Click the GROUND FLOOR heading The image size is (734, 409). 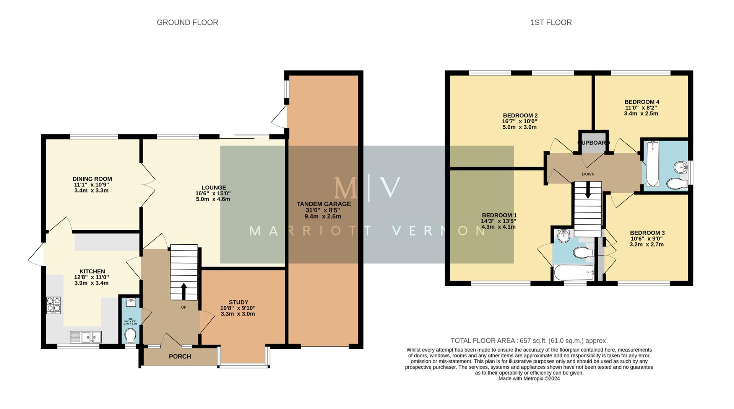coord(187,23)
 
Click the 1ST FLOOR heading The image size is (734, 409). coord(551,23)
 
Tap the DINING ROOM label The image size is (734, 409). coord(92,179)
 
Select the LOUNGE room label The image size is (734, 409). coord(214,188)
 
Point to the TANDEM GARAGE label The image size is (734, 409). coord(323,204)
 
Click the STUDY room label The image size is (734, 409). coord(238,302)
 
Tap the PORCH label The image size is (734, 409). coord(180,357)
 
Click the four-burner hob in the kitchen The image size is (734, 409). coord(54,305)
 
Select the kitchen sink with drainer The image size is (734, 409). coord(86,337)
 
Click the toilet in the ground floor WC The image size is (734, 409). coord(130,336)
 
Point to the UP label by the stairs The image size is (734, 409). coord(183,307)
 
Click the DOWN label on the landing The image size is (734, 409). coord(588,174)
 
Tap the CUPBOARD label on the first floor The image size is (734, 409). coord(593,143)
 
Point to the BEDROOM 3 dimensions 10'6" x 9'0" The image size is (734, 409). coord(647,239)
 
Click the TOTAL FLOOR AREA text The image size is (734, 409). coord(529,341)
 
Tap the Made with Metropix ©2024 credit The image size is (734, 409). coord(529,378)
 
